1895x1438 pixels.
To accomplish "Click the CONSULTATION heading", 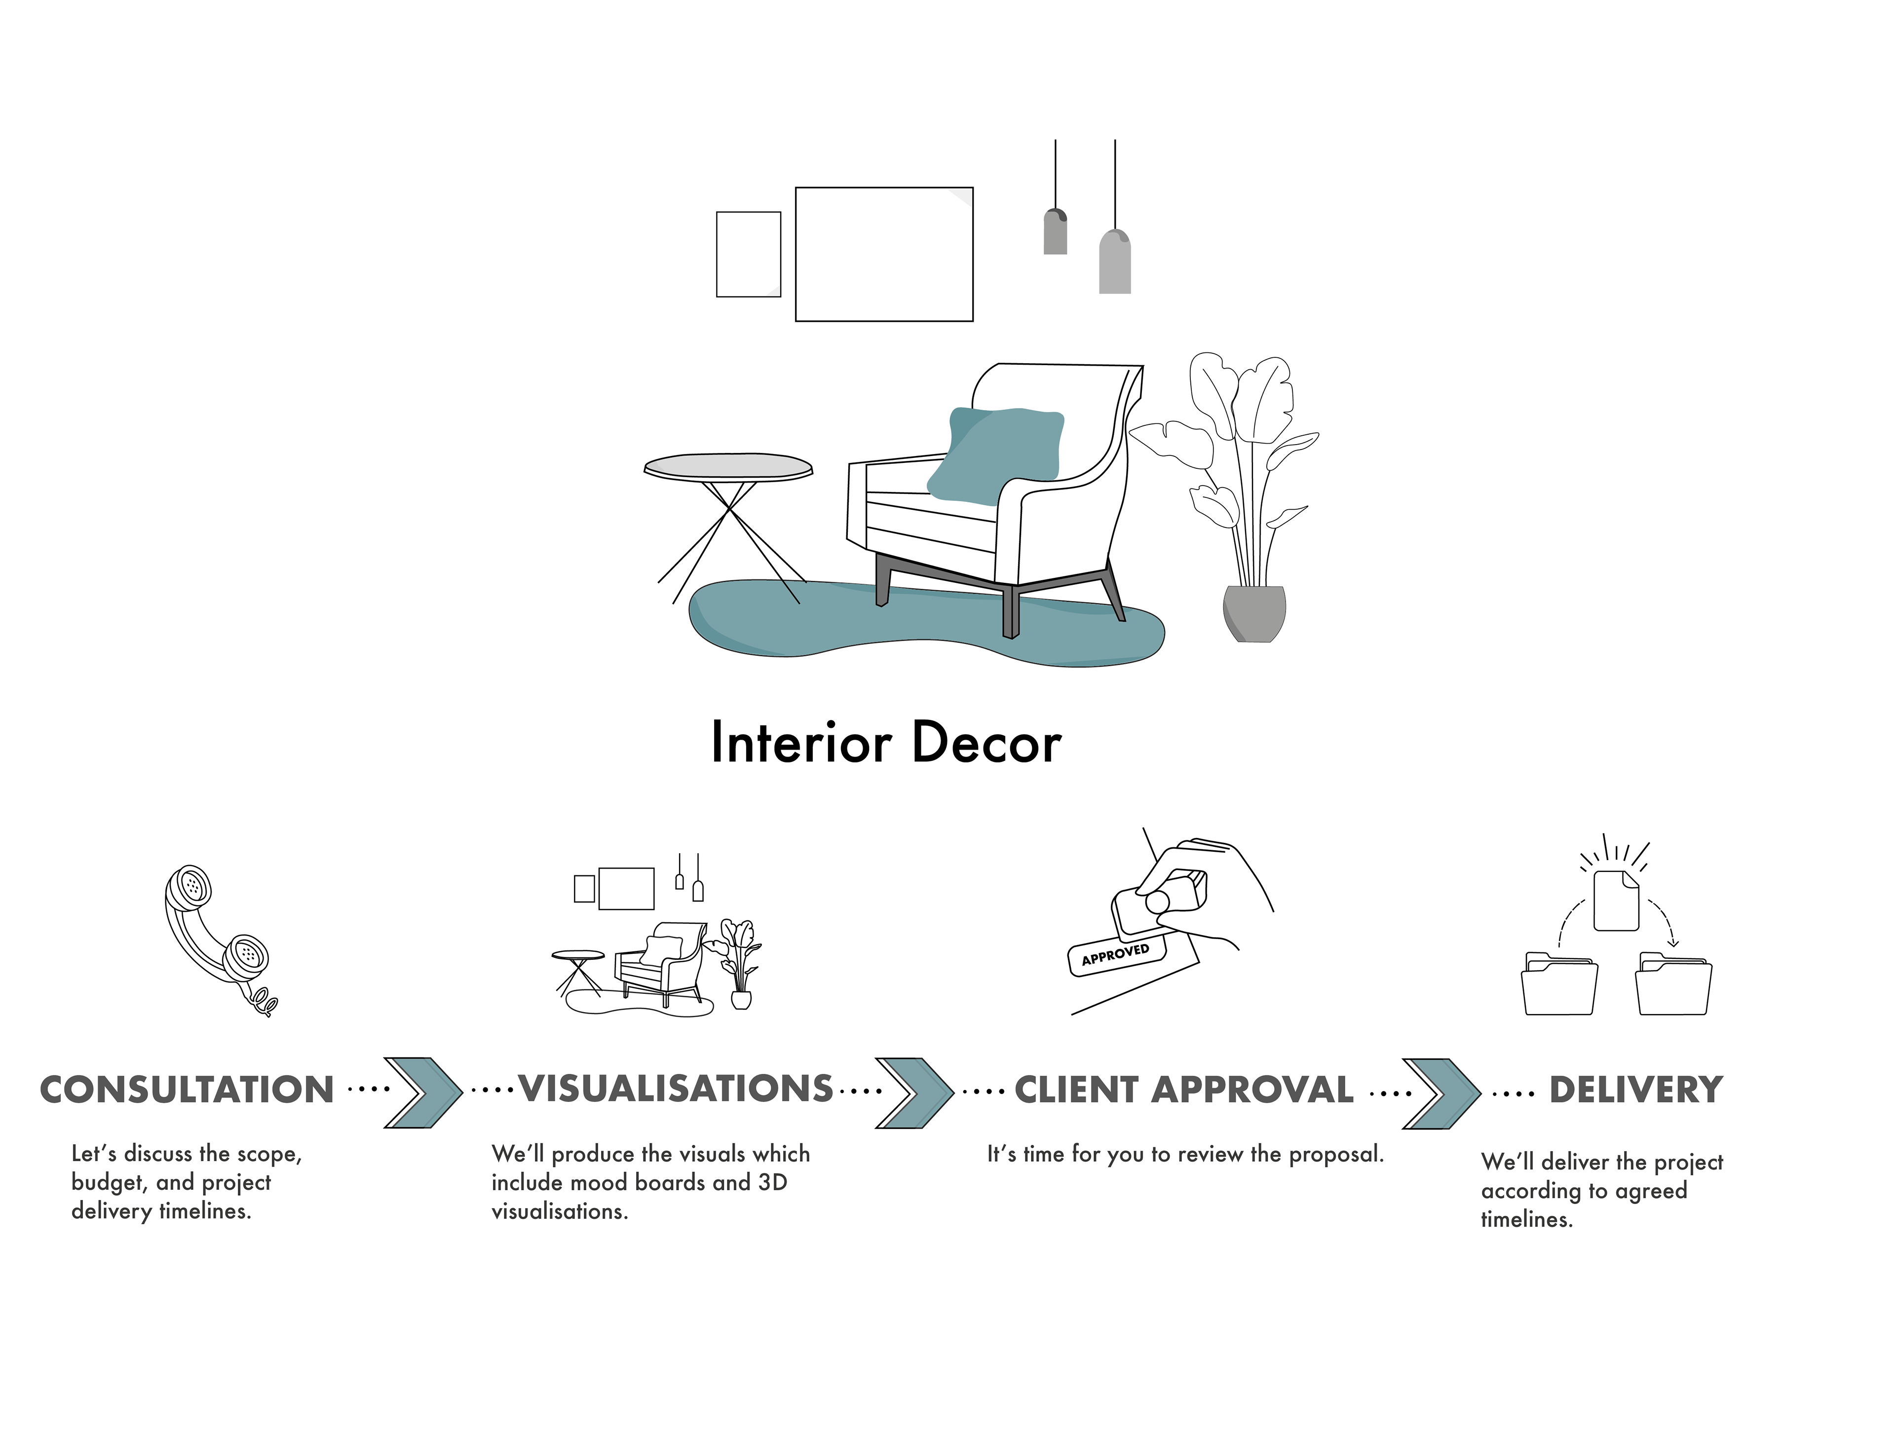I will pos(187,1090).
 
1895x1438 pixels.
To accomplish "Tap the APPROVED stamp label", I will pos(1115,955).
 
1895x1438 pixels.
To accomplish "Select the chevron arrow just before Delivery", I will pos(1441,1094).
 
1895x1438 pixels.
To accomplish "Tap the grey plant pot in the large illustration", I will pos(1254,612).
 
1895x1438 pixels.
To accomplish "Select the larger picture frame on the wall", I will pos(884,254).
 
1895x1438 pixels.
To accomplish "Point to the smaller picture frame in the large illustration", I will pos(748,254).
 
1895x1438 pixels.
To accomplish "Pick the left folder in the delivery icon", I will pos(1559,985).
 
